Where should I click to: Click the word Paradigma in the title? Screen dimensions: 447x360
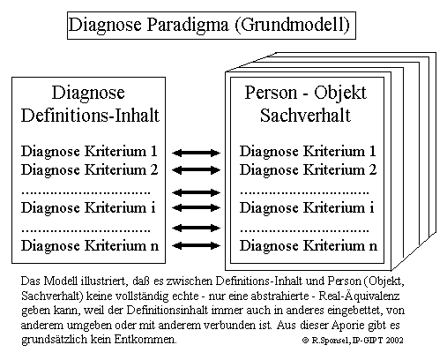[188, 25]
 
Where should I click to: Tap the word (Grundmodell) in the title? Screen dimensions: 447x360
[293, 25]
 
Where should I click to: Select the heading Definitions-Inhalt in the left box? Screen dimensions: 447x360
[90, 115]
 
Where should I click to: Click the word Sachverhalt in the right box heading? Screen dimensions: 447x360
[305, 115]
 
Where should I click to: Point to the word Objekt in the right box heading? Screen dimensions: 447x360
[340, 94]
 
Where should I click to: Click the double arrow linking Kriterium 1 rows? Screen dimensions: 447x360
[196, 153]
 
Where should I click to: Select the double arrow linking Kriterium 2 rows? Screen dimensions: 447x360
[196, 169]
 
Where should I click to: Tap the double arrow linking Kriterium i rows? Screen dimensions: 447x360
[196, 207]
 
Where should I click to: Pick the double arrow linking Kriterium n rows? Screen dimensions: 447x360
[196, 245]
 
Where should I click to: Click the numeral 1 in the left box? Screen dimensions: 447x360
[153, 151]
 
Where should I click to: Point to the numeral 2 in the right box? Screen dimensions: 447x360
[372, 169]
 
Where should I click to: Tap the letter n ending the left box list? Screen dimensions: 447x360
[154, 246]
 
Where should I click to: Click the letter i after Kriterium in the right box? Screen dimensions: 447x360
[371, 207]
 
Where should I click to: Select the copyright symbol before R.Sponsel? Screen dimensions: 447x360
[306, 341]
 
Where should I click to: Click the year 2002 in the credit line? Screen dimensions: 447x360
[394, 341]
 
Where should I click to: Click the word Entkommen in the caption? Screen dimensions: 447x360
[145, 340]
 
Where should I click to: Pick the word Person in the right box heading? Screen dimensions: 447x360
[271, 94]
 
